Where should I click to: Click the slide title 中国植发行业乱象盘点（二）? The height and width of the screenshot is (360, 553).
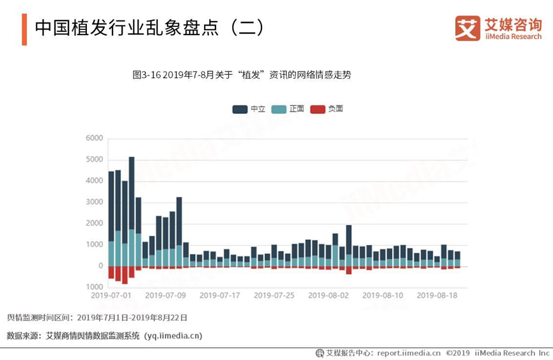[x=149, y=28]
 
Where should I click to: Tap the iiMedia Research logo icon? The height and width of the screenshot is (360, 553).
[x=467, y=28]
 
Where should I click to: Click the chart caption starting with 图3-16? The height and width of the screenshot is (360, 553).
[x=242, y=75]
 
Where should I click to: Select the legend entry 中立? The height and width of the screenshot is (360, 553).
[x=249, y=109]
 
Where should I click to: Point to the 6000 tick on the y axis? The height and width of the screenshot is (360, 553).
[x=94, y=138]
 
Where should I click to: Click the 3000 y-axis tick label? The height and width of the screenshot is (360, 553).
[x=94, y=202]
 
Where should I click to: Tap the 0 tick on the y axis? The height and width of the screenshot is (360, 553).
[x=100, y=266]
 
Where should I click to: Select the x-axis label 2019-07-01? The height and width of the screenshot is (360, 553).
[x=111, y=295]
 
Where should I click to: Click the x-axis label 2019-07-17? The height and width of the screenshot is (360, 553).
[x=220, y=295]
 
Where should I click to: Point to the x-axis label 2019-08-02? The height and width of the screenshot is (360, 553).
[x=329, y=295]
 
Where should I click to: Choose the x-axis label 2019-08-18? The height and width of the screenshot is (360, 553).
[x=437, y=295]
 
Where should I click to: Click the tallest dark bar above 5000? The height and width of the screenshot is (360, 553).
[x=132, y=192]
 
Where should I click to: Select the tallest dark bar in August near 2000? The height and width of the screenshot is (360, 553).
[x=349, y=239]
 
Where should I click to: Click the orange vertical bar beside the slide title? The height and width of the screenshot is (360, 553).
[x=24, y=29]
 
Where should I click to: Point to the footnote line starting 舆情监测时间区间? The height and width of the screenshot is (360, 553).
[x=97, y=317]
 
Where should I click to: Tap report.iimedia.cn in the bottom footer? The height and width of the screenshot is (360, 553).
[x=409, y=353]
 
